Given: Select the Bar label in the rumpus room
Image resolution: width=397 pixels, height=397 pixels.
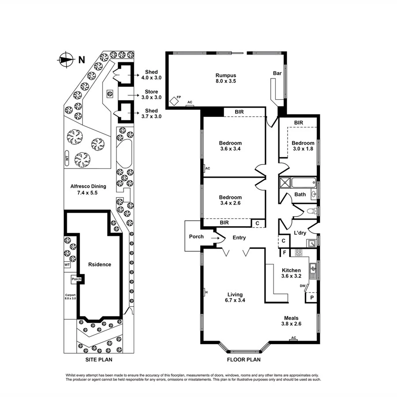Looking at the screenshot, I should point(277,73).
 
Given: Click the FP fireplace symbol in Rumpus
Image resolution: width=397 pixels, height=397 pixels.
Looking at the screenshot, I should point(175,101).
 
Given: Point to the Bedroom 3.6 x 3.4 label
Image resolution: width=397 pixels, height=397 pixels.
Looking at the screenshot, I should point(230,146).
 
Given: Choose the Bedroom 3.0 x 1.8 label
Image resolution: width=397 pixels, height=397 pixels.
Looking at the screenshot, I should point(303,146).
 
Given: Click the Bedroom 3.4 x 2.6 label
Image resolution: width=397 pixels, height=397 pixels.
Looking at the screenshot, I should point(230,200).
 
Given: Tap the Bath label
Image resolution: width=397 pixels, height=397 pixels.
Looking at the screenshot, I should point(300,195).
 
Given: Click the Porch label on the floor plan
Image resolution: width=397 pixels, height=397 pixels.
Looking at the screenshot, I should point(196,237).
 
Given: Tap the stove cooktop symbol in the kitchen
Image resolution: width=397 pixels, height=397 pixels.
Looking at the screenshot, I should point(298,253).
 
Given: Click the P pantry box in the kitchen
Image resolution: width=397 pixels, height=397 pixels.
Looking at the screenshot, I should point(312,298).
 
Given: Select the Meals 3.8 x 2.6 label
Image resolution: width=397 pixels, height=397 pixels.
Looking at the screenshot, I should point(291,321).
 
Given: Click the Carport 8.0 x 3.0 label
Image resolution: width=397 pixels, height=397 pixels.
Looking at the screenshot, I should point(71,297).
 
